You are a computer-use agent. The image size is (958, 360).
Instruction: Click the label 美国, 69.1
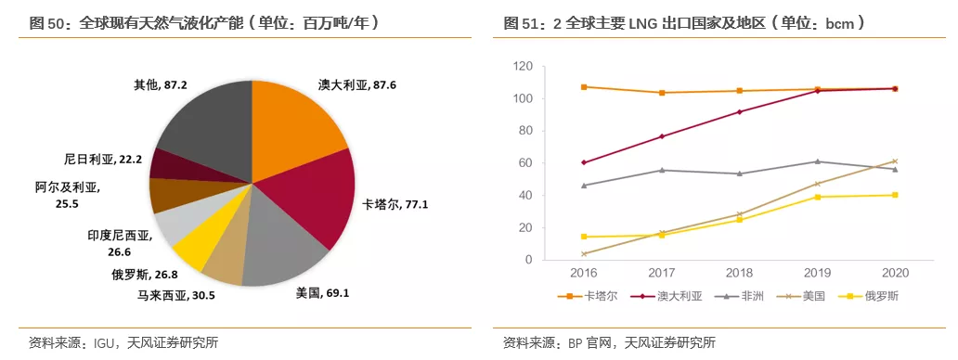click(322, 293)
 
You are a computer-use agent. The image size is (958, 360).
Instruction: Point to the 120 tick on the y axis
click(522, 67)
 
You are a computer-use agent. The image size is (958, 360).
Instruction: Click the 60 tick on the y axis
click(524, 163)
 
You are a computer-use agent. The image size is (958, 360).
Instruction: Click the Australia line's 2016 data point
click(583, 162)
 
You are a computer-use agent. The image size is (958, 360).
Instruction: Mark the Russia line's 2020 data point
click(895, 195)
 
